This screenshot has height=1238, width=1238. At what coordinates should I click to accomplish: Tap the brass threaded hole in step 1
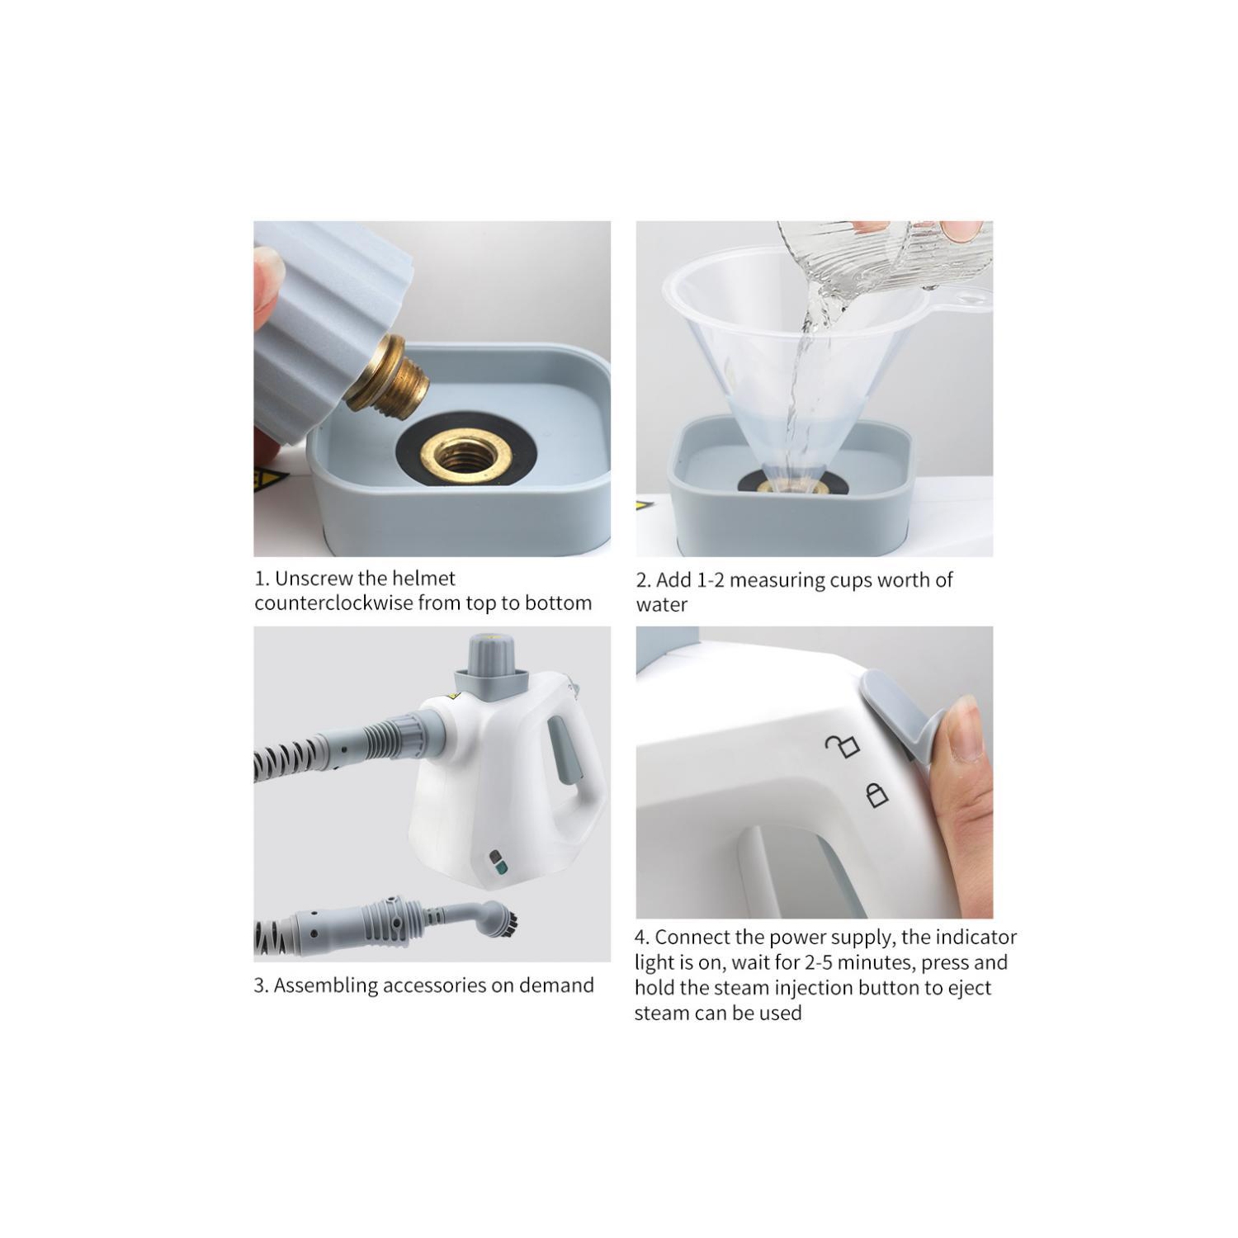(x=465, y=453)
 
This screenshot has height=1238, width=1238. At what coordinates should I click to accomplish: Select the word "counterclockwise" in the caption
(x=333, y=603)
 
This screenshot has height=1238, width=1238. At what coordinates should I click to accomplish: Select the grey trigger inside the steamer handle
(x=565, y=751)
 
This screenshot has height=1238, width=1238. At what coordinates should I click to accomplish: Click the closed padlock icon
(x=877, y=795)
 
